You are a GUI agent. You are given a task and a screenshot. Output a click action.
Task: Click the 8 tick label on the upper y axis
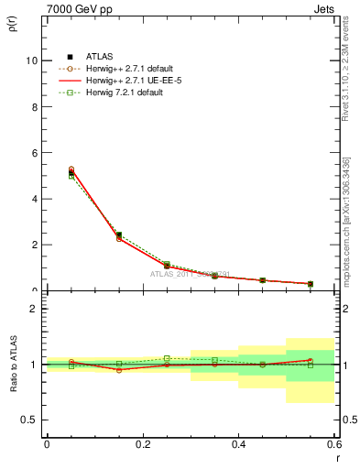point(34,106)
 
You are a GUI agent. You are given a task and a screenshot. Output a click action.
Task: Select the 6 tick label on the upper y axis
point(34,152)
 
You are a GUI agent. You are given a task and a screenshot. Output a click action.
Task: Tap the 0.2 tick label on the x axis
point(142,443)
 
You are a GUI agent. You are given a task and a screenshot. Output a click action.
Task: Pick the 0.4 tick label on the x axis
point(238,443)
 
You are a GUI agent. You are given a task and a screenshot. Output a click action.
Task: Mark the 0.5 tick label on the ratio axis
point(29,420)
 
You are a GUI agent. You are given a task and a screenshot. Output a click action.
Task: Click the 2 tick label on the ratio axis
point(34,309)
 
